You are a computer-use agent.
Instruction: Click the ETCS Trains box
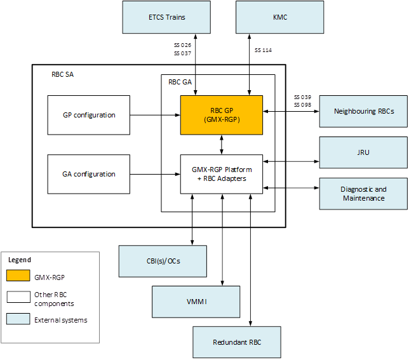coord(167,17)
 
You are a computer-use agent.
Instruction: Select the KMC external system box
coord(279,17)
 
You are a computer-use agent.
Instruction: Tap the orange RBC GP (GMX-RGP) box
coord(221,115)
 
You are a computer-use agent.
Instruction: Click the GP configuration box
coord(89,115)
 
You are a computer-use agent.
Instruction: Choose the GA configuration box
coord(89,174)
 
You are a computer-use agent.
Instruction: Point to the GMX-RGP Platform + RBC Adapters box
coord(221,174)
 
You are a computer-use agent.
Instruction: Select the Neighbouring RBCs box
coord(363,111)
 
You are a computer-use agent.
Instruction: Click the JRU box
coord(363,152)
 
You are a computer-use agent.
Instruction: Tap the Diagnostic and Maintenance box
coord(363,194)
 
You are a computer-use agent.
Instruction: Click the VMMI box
coord(196,301)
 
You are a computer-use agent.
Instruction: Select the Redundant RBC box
coord(237,343)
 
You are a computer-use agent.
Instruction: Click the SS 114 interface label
coord(263,50)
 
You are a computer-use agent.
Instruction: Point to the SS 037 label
coord(182,53)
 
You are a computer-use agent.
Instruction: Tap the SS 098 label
coord(302,104)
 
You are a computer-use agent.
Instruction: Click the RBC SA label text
coord(62,74)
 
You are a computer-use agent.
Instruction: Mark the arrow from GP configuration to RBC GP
coord(155,115)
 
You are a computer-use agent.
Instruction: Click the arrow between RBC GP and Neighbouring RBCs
coord(291,112)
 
